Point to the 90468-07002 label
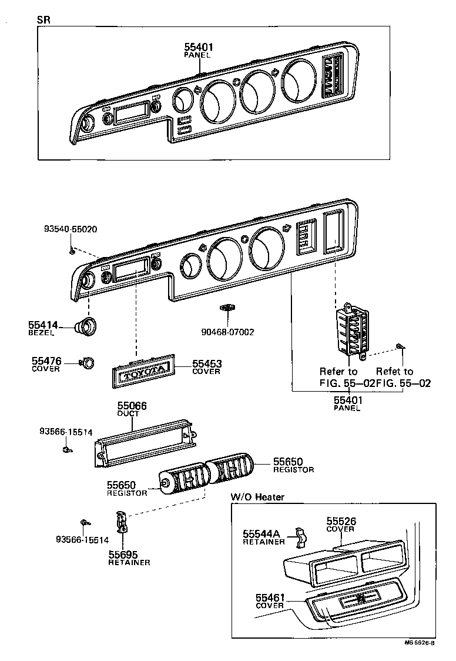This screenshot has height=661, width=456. point(227,332)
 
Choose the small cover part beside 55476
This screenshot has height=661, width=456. point(87,363)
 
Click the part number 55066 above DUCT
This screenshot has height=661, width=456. point(132,406)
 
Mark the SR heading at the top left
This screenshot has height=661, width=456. point(43,19)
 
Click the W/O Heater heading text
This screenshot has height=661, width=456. point(257,497)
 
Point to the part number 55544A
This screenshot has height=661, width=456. point(261,533)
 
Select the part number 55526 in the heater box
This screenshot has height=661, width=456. point(341,521)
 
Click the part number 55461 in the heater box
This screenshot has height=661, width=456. point(270,597)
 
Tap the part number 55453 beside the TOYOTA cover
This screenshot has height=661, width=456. point(206,364)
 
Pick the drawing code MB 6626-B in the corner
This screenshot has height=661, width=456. point(419,643)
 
